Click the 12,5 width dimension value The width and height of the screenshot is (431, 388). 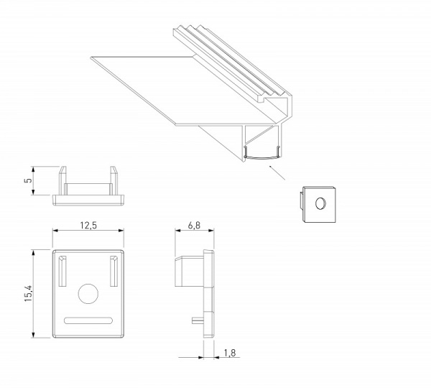click(x=88, y=225)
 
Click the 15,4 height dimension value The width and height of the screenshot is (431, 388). click(x=29, y=294)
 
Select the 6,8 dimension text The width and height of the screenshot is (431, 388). click(x=194, y=225)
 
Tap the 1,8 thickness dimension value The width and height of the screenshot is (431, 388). click(x=230, y=353)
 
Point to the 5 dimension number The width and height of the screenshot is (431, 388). click(x=28, y=180)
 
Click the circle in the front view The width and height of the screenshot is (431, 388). click(x=88, y=294)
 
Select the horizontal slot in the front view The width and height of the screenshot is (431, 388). click(x=88, y=320)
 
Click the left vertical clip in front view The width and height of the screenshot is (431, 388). click(x=62, y=271)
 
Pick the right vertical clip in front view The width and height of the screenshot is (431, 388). click(x=113, y=271)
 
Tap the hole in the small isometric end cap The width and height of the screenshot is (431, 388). click(x=320, y=203)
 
